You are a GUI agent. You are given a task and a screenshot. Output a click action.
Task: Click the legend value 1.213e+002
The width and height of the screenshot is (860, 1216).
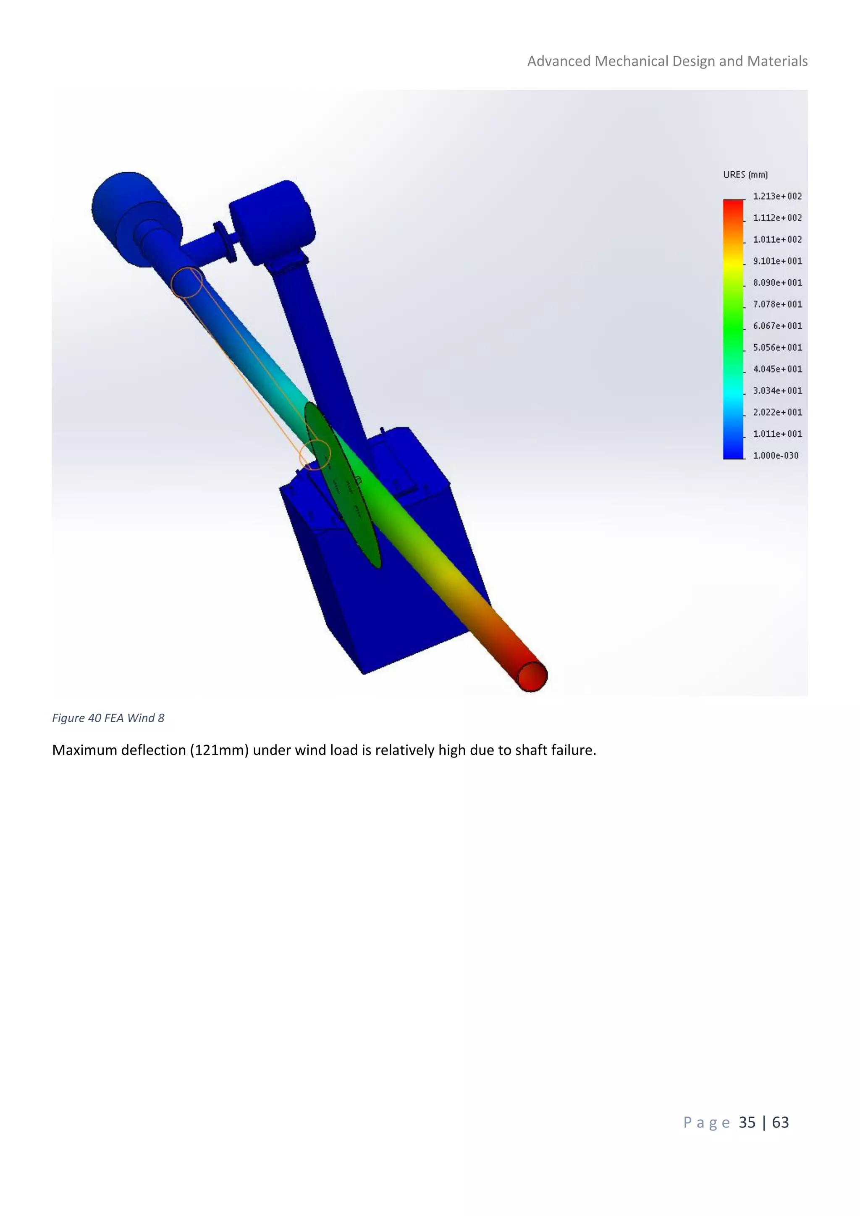pyautogui.click(x=777, y=197)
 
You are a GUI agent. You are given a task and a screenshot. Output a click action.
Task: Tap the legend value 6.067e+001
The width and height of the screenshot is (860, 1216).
pyautogui.click(x=777, y=326)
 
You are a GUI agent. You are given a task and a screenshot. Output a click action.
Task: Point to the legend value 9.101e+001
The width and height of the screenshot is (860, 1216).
pyautogui.click(x=777, y=261)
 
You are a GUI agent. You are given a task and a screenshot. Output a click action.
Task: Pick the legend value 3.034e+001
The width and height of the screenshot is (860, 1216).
pyautogui.click(x=777, y=391)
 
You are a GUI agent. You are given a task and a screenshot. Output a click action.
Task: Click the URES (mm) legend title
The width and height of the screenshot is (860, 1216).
pyautogui.click(x=745, y=175)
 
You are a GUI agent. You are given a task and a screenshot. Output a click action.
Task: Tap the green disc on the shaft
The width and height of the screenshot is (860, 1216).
pyautogui.click(x=344, y=487)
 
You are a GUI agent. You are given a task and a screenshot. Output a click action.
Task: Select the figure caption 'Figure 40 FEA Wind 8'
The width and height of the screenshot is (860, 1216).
pyautogui.click(x=108, y=718)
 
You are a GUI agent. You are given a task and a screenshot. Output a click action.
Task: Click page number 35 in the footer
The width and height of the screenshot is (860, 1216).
pyautogui.click(x=747, y=1122)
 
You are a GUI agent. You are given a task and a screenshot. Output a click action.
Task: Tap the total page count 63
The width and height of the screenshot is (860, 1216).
pyautogui.click(x=780, y=1122)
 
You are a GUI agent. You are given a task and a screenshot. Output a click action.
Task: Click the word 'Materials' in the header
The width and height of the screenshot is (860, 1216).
pyautogui.click(x=777, y=61)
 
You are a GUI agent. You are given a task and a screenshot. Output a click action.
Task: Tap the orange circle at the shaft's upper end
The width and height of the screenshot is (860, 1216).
pyautogui.click(x=187, y=282)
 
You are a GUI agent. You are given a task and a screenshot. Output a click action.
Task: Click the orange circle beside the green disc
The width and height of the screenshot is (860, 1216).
pyautogui.click(x=315, y=454)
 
